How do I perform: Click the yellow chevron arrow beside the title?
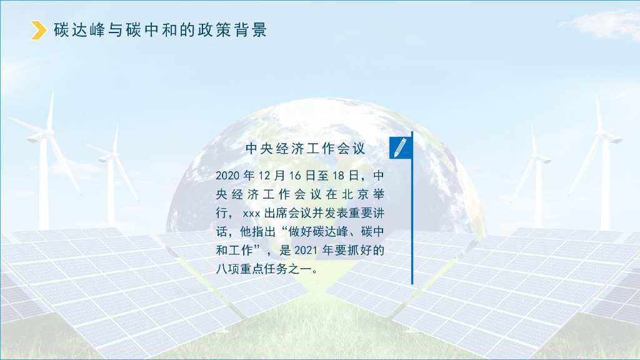point(39,30)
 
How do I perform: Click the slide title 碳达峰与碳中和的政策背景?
point(161,30)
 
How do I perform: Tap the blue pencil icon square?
point(400,147)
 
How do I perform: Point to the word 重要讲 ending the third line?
point(365,212)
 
